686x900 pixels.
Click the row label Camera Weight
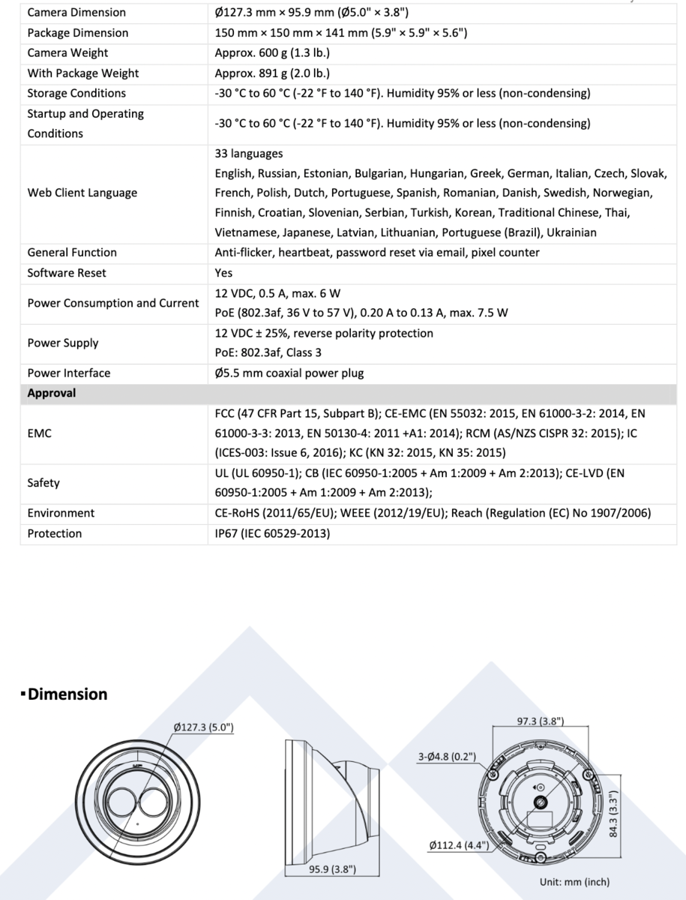(67, 53)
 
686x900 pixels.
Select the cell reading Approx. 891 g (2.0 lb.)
(272, 73)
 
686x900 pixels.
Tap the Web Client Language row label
(82, 193)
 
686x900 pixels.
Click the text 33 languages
(249, 154)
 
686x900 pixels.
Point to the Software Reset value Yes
(223, 273)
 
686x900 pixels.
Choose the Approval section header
(52, 393)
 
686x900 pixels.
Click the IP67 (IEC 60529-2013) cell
(272, 533)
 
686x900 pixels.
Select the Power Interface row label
(69, 373)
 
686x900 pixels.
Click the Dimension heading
(67, 694)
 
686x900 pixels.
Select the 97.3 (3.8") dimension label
(541, 721)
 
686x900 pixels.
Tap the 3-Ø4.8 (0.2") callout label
(448, 757)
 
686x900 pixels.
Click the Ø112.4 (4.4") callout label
(459, 844)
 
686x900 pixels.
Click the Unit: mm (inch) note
(574, 882)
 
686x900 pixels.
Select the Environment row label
(61, 513)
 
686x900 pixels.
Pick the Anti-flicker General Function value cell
(376, 253)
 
